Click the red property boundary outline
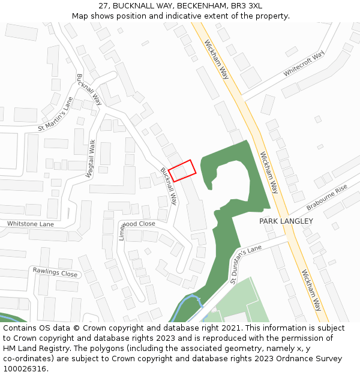182,170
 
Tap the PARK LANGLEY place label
286,221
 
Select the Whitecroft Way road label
304,63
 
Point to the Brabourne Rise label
327,197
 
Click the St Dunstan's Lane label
245,265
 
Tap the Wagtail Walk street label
91,158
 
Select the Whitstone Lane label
31,224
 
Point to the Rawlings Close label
55,273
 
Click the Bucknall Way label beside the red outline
169,186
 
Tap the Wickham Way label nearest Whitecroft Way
217,59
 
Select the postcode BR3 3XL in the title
248,5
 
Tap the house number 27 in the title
103,5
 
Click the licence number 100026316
25,369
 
